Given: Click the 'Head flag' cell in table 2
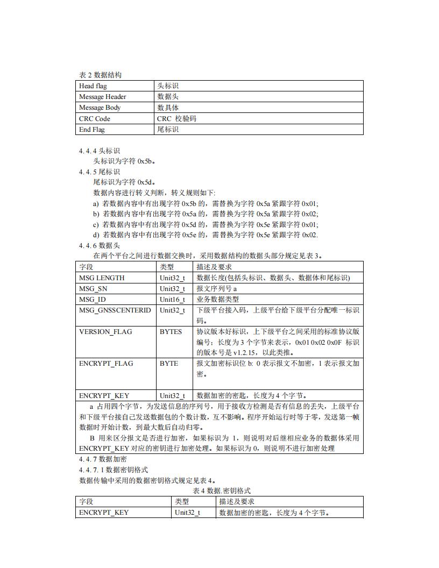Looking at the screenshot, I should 93,86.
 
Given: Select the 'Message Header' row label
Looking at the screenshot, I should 102,97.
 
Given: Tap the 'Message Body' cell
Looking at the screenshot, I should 100,108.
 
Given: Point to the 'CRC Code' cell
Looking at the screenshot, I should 95,119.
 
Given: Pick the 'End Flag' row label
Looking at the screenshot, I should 92,130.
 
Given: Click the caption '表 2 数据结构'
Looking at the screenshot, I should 100,75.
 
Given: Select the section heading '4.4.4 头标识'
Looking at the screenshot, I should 100,151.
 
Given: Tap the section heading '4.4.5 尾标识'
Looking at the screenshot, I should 100,172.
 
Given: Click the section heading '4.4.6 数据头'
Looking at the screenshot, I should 100,245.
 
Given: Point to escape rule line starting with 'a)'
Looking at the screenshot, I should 206,203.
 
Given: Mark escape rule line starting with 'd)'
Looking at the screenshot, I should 206,235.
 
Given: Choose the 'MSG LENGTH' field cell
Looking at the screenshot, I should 102,278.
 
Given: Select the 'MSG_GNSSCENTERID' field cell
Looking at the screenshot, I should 115,310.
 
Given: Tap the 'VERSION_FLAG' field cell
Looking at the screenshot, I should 105,332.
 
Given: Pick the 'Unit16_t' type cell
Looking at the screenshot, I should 172,300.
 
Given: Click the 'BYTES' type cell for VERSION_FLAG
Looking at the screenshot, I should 171,332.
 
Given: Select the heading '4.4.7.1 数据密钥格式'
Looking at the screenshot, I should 114,470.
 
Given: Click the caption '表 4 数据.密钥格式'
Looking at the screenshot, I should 221,491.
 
